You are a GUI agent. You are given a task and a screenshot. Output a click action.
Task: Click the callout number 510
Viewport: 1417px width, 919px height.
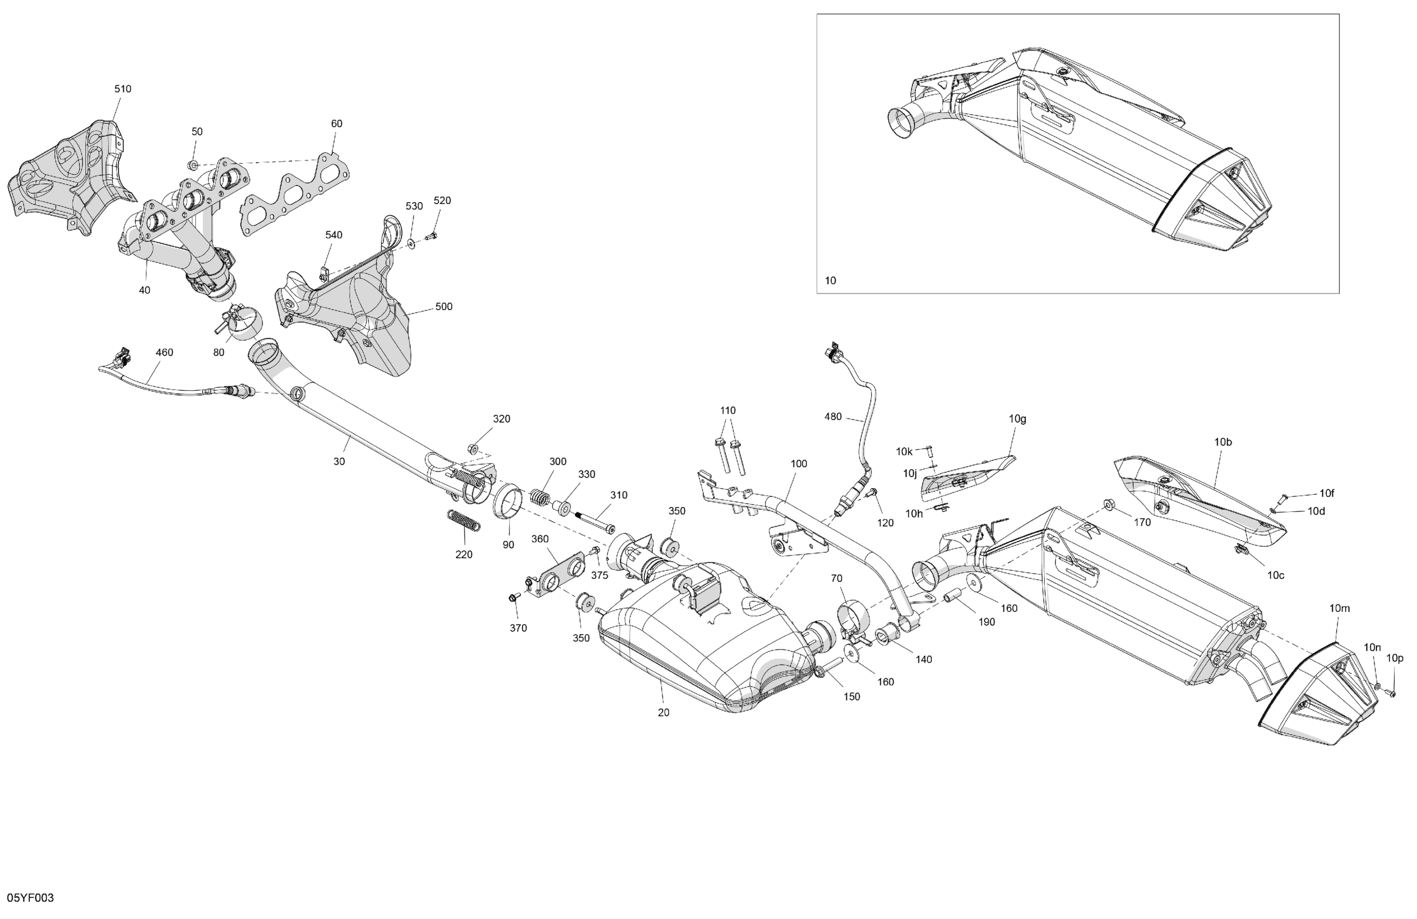click(123, 89)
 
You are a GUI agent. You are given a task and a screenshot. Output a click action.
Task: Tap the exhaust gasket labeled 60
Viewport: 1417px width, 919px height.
click(295, 197)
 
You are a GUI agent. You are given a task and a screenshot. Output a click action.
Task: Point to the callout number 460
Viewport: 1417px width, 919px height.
click(164, 352)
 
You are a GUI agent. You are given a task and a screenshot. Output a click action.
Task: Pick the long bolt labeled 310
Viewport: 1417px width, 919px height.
click(596, 522)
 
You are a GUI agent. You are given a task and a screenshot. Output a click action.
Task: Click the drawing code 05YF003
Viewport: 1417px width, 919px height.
click(30, 897)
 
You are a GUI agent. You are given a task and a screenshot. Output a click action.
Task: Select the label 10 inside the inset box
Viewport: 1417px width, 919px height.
click(830, 281)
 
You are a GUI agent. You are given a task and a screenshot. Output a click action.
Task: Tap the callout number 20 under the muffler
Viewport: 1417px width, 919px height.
click(663, 712)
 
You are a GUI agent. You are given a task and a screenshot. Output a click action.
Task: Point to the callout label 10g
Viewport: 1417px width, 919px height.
click(1018, 419)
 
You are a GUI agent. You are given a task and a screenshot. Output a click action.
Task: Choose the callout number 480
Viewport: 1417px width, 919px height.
click(833, 417)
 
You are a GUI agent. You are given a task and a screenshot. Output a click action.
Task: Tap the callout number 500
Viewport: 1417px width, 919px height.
click(444, 307)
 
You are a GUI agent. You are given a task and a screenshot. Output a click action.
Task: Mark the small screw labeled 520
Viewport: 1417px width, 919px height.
click(432, 236)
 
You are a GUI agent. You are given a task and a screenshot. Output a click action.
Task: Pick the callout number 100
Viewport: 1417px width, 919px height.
click(798, 464)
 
